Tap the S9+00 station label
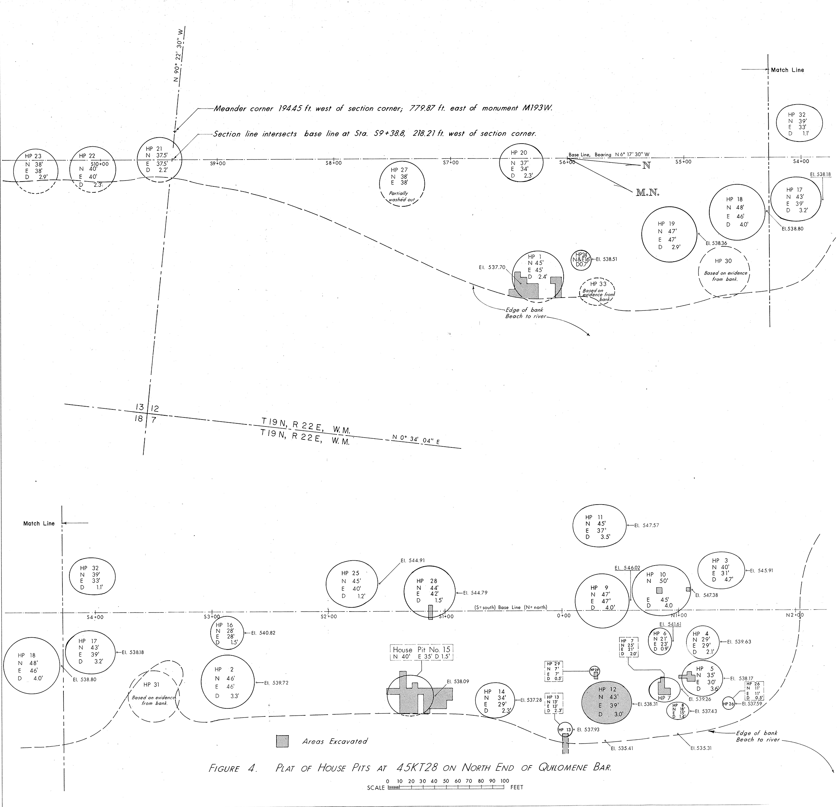[x=218, y=163]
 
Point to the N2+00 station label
[x=794, y=615]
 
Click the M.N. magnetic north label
[x=647, y=193]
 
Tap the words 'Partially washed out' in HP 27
[x=401, y=196]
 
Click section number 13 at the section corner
[x=139, y=408]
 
